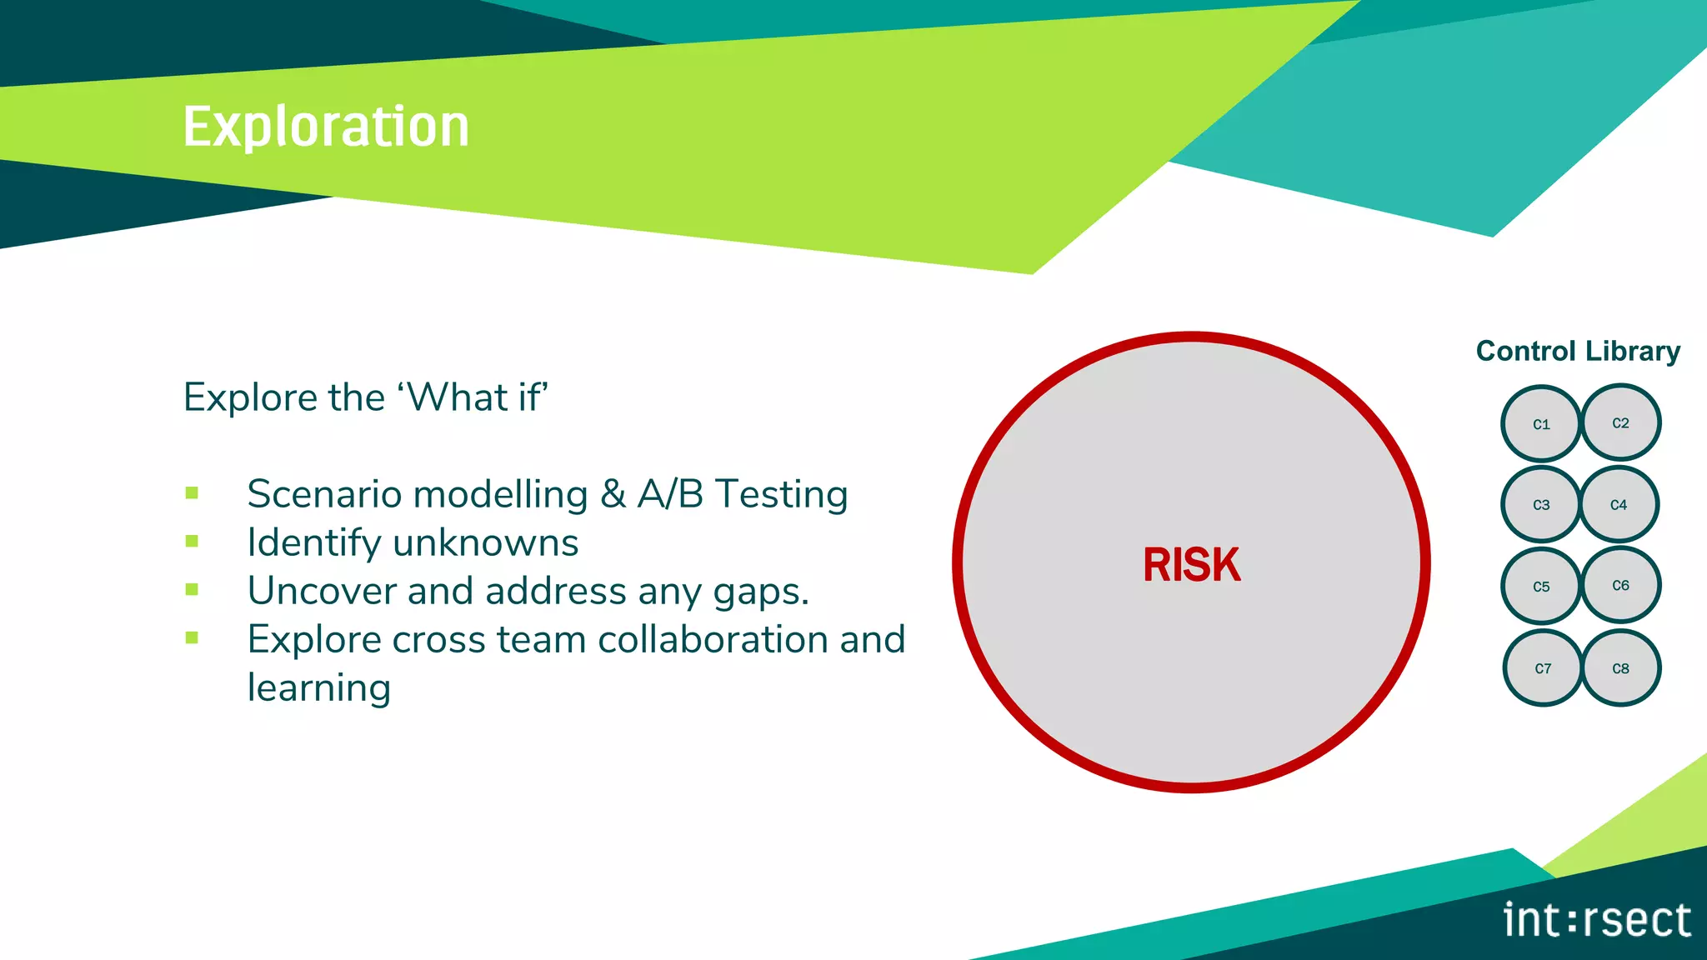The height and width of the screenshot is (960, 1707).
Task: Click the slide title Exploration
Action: point(326,127)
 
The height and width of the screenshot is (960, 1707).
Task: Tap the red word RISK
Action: point(1191,565)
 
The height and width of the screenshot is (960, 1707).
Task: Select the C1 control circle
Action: point(1541,424)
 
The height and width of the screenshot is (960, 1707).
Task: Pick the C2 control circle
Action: point(1620,422)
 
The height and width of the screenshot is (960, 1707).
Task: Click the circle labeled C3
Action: point(1541,505)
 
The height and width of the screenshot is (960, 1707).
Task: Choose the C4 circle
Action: point(1619,504)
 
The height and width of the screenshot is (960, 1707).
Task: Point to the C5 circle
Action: point(1541,587)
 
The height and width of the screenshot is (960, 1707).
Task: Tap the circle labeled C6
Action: point(1620,585)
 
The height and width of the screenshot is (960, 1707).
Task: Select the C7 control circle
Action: point(1543,668)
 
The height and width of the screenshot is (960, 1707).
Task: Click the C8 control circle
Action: point(1620,668)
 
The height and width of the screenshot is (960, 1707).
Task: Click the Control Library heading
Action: point(1578,351)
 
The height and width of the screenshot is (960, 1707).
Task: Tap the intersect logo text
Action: point(1597,920)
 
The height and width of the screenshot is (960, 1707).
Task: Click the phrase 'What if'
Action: point(474,397)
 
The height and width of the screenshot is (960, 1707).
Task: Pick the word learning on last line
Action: point(319,688)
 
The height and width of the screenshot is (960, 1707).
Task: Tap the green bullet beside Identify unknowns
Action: point(192,542)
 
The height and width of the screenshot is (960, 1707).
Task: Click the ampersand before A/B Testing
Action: point(613,494)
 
